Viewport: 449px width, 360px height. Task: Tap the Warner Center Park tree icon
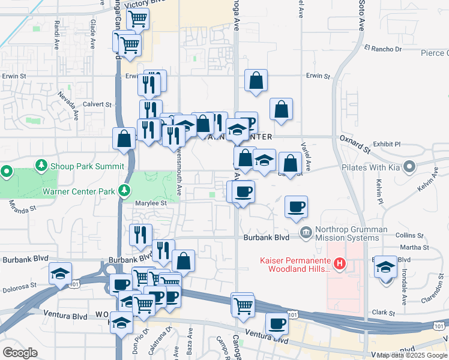[x=124, y=191]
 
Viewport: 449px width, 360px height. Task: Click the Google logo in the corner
[x=20, y=352]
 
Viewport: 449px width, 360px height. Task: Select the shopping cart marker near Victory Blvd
[x=138, y=19]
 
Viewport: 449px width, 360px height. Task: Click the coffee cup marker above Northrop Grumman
[x=297, y=207]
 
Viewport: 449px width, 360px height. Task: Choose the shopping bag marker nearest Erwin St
[x=256, y=80]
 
